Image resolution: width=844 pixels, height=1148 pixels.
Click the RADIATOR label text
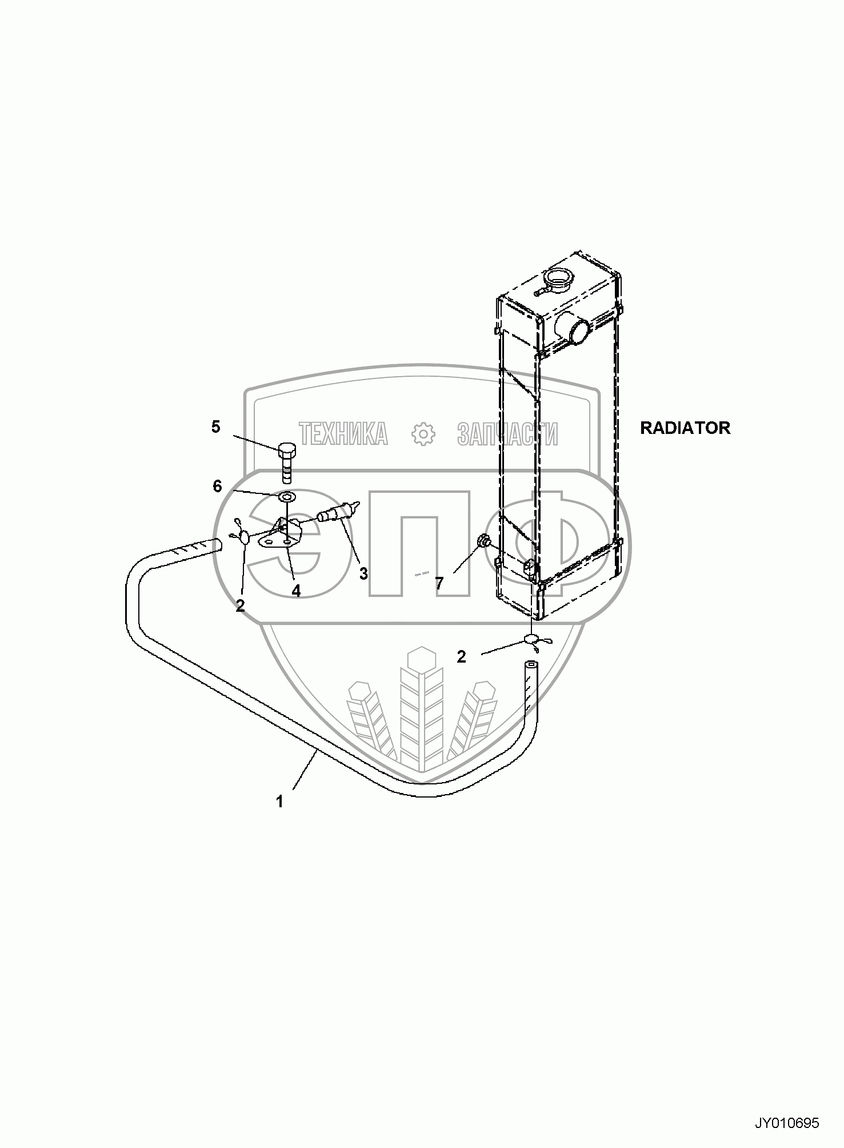pos(685,428)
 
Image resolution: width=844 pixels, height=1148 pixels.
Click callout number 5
pos(215,426)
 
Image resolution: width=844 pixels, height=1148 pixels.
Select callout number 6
pos(217,487)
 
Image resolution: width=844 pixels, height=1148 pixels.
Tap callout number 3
pos(363,573)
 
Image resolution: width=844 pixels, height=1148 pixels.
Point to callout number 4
pos(295,591)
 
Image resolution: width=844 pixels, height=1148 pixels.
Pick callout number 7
pos(439,583)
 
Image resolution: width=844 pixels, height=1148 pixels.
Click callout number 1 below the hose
pos(279,802)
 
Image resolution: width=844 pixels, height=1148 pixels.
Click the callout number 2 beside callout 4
pos(240,606)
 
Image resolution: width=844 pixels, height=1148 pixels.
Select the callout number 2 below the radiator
pos(461,657)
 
